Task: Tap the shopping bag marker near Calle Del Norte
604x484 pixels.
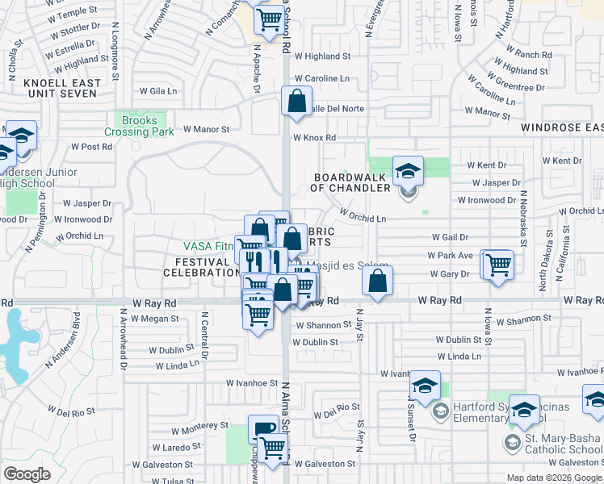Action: [x=296, y=102]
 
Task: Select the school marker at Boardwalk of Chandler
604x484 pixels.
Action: [x=408, y=170]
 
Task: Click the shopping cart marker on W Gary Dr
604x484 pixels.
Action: [x=498, y=263]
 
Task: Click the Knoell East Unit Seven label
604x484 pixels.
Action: [x=63, y=89]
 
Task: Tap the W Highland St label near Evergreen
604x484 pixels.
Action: [x=322, y=56]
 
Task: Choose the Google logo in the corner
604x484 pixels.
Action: [x=27, y=474]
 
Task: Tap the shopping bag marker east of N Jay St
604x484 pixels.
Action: [x=377, y=281]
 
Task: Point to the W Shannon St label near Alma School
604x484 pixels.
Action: [x=322, y=326]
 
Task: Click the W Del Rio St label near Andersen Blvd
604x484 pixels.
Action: [x=70, y=411]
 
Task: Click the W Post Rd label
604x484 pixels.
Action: [x=91, y=147]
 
